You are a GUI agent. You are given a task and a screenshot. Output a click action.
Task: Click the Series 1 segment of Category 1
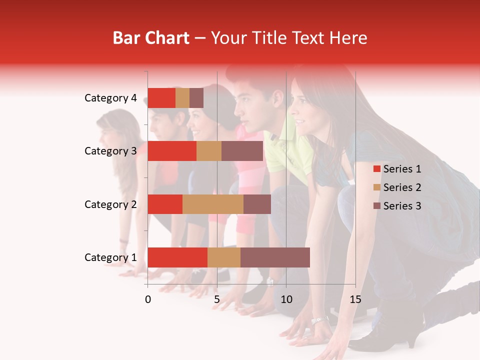177,257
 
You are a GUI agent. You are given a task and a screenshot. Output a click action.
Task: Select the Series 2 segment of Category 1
224,257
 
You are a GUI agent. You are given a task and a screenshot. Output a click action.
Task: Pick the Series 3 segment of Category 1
275,257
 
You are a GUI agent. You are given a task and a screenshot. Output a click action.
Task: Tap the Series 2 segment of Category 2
213,204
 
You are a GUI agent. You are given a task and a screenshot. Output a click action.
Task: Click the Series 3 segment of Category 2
257,204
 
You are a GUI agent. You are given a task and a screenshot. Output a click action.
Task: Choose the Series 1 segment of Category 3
172,151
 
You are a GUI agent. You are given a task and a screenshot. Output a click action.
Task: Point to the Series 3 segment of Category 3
242,151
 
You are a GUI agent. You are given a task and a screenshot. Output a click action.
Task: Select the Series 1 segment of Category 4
161,98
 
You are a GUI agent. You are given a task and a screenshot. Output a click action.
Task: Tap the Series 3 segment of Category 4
196,98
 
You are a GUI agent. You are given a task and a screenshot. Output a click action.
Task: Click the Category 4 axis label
110,98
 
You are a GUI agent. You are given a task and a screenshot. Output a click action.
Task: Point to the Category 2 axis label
110,204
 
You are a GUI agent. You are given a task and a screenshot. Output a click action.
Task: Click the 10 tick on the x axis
286,299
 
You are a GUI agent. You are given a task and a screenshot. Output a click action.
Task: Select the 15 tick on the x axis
355,299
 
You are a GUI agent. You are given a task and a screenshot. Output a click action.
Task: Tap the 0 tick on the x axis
148,299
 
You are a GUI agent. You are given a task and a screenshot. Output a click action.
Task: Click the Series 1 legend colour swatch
376,169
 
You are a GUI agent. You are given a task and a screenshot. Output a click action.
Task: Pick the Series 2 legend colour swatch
376,187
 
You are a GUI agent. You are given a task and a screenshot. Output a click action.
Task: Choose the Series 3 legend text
402,206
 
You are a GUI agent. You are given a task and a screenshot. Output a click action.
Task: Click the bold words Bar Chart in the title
151,38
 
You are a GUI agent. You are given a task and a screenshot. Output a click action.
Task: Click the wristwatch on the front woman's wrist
319,319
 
